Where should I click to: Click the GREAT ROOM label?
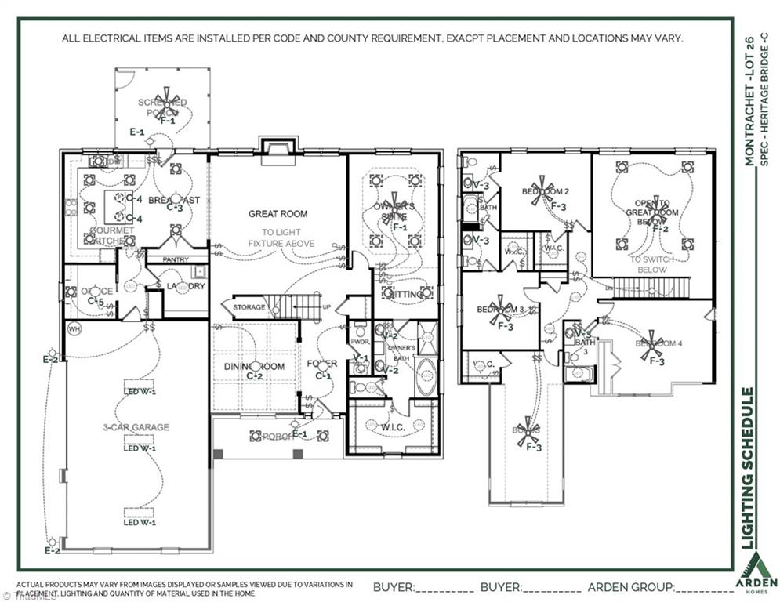[278, 213]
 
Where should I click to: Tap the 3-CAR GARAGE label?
[136, 427]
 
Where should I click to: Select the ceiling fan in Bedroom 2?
[537, 190]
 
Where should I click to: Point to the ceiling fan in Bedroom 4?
[651, 346]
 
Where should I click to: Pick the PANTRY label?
[176, 259]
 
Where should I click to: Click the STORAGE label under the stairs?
[249, 307]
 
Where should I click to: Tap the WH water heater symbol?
[75, 328]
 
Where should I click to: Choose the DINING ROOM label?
[254, 367]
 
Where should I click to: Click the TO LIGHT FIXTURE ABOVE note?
[278, 238]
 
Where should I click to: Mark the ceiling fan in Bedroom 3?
[499, 310]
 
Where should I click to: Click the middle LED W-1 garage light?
[139, 448]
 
